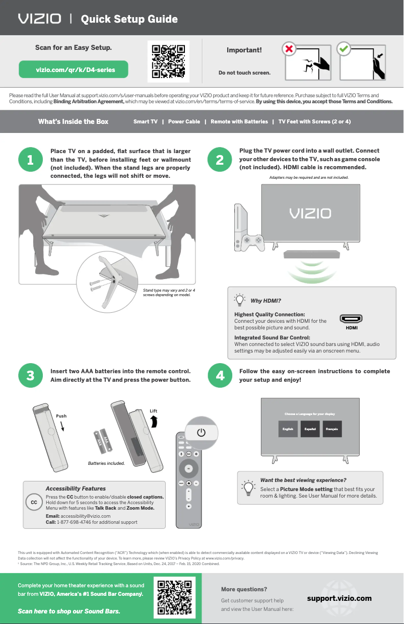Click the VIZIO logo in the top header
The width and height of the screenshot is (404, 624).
click(40, 19)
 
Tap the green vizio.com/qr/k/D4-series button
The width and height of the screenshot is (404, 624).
click(74, 70)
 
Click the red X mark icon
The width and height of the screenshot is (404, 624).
click(289, 49)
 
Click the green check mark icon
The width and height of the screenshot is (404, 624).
click(344, 49)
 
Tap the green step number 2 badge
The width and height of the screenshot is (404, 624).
click(220, 160)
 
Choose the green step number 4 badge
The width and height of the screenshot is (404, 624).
click(220, 376)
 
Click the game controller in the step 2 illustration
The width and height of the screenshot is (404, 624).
click(250, 242)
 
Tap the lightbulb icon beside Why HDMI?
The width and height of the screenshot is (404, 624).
click(240, 300)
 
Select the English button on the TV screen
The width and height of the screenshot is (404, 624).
click(288, 429)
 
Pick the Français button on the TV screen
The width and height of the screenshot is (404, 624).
click(331, 429)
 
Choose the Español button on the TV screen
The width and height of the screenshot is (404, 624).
click(310, 429)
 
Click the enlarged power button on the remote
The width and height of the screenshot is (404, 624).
click(201, 433)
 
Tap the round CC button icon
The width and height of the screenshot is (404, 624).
click(34, 503)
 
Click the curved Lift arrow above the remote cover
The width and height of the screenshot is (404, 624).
click(154, 421)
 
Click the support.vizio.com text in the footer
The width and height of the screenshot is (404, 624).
click(339, 598)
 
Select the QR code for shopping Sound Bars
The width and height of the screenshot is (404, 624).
click(175, 598)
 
